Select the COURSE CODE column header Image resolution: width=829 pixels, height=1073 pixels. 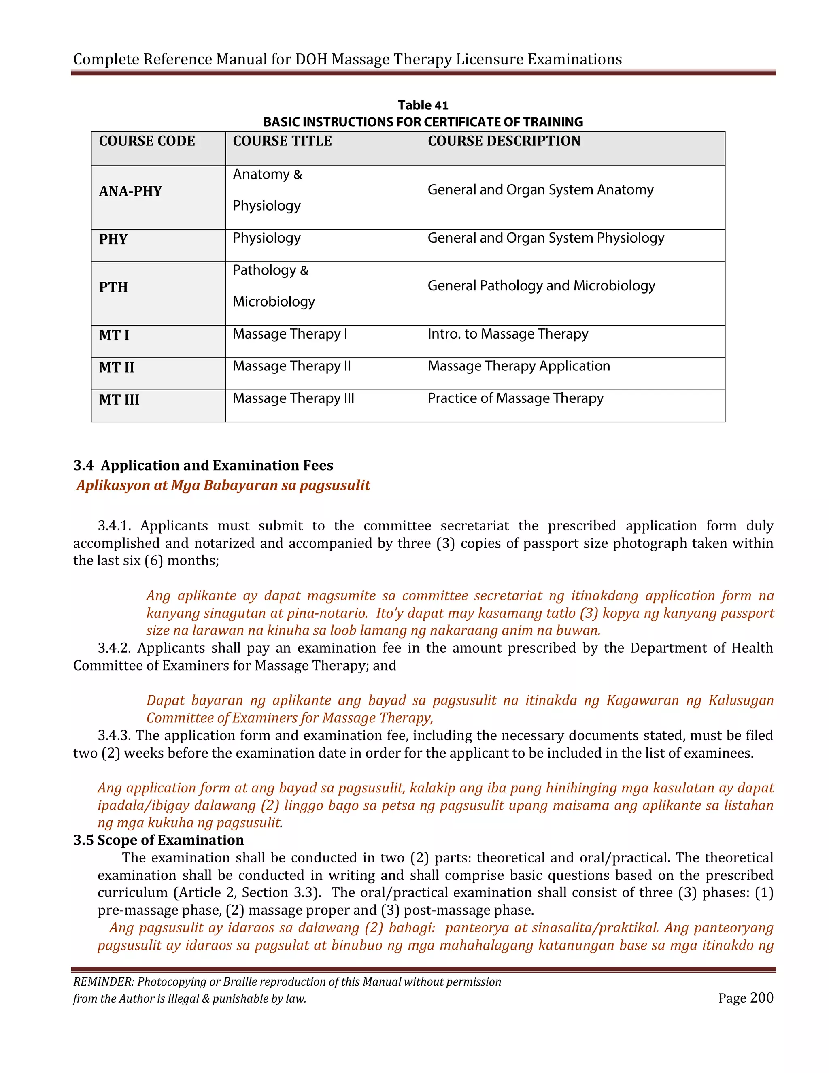(147, 141)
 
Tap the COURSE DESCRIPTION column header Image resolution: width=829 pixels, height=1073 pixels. (504, 141)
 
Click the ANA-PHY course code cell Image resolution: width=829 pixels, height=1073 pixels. (130, 191)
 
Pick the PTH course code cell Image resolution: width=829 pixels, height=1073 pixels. (113, 287)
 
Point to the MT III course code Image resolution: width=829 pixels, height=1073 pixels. (119, 399)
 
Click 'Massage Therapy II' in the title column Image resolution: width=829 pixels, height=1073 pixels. (292, 366)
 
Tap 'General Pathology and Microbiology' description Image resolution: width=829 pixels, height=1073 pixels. (541, 286)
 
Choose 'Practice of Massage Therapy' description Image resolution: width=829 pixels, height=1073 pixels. (515, 398)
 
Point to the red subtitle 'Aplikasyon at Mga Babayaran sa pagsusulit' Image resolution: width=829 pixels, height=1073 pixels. (223, 485)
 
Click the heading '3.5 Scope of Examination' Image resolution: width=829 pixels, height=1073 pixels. (159, 840)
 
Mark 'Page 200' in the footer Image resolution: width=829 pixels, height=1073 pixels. (746, 998)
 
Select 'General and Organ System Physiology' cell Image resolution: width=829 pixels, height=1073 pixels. (545, 238)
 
